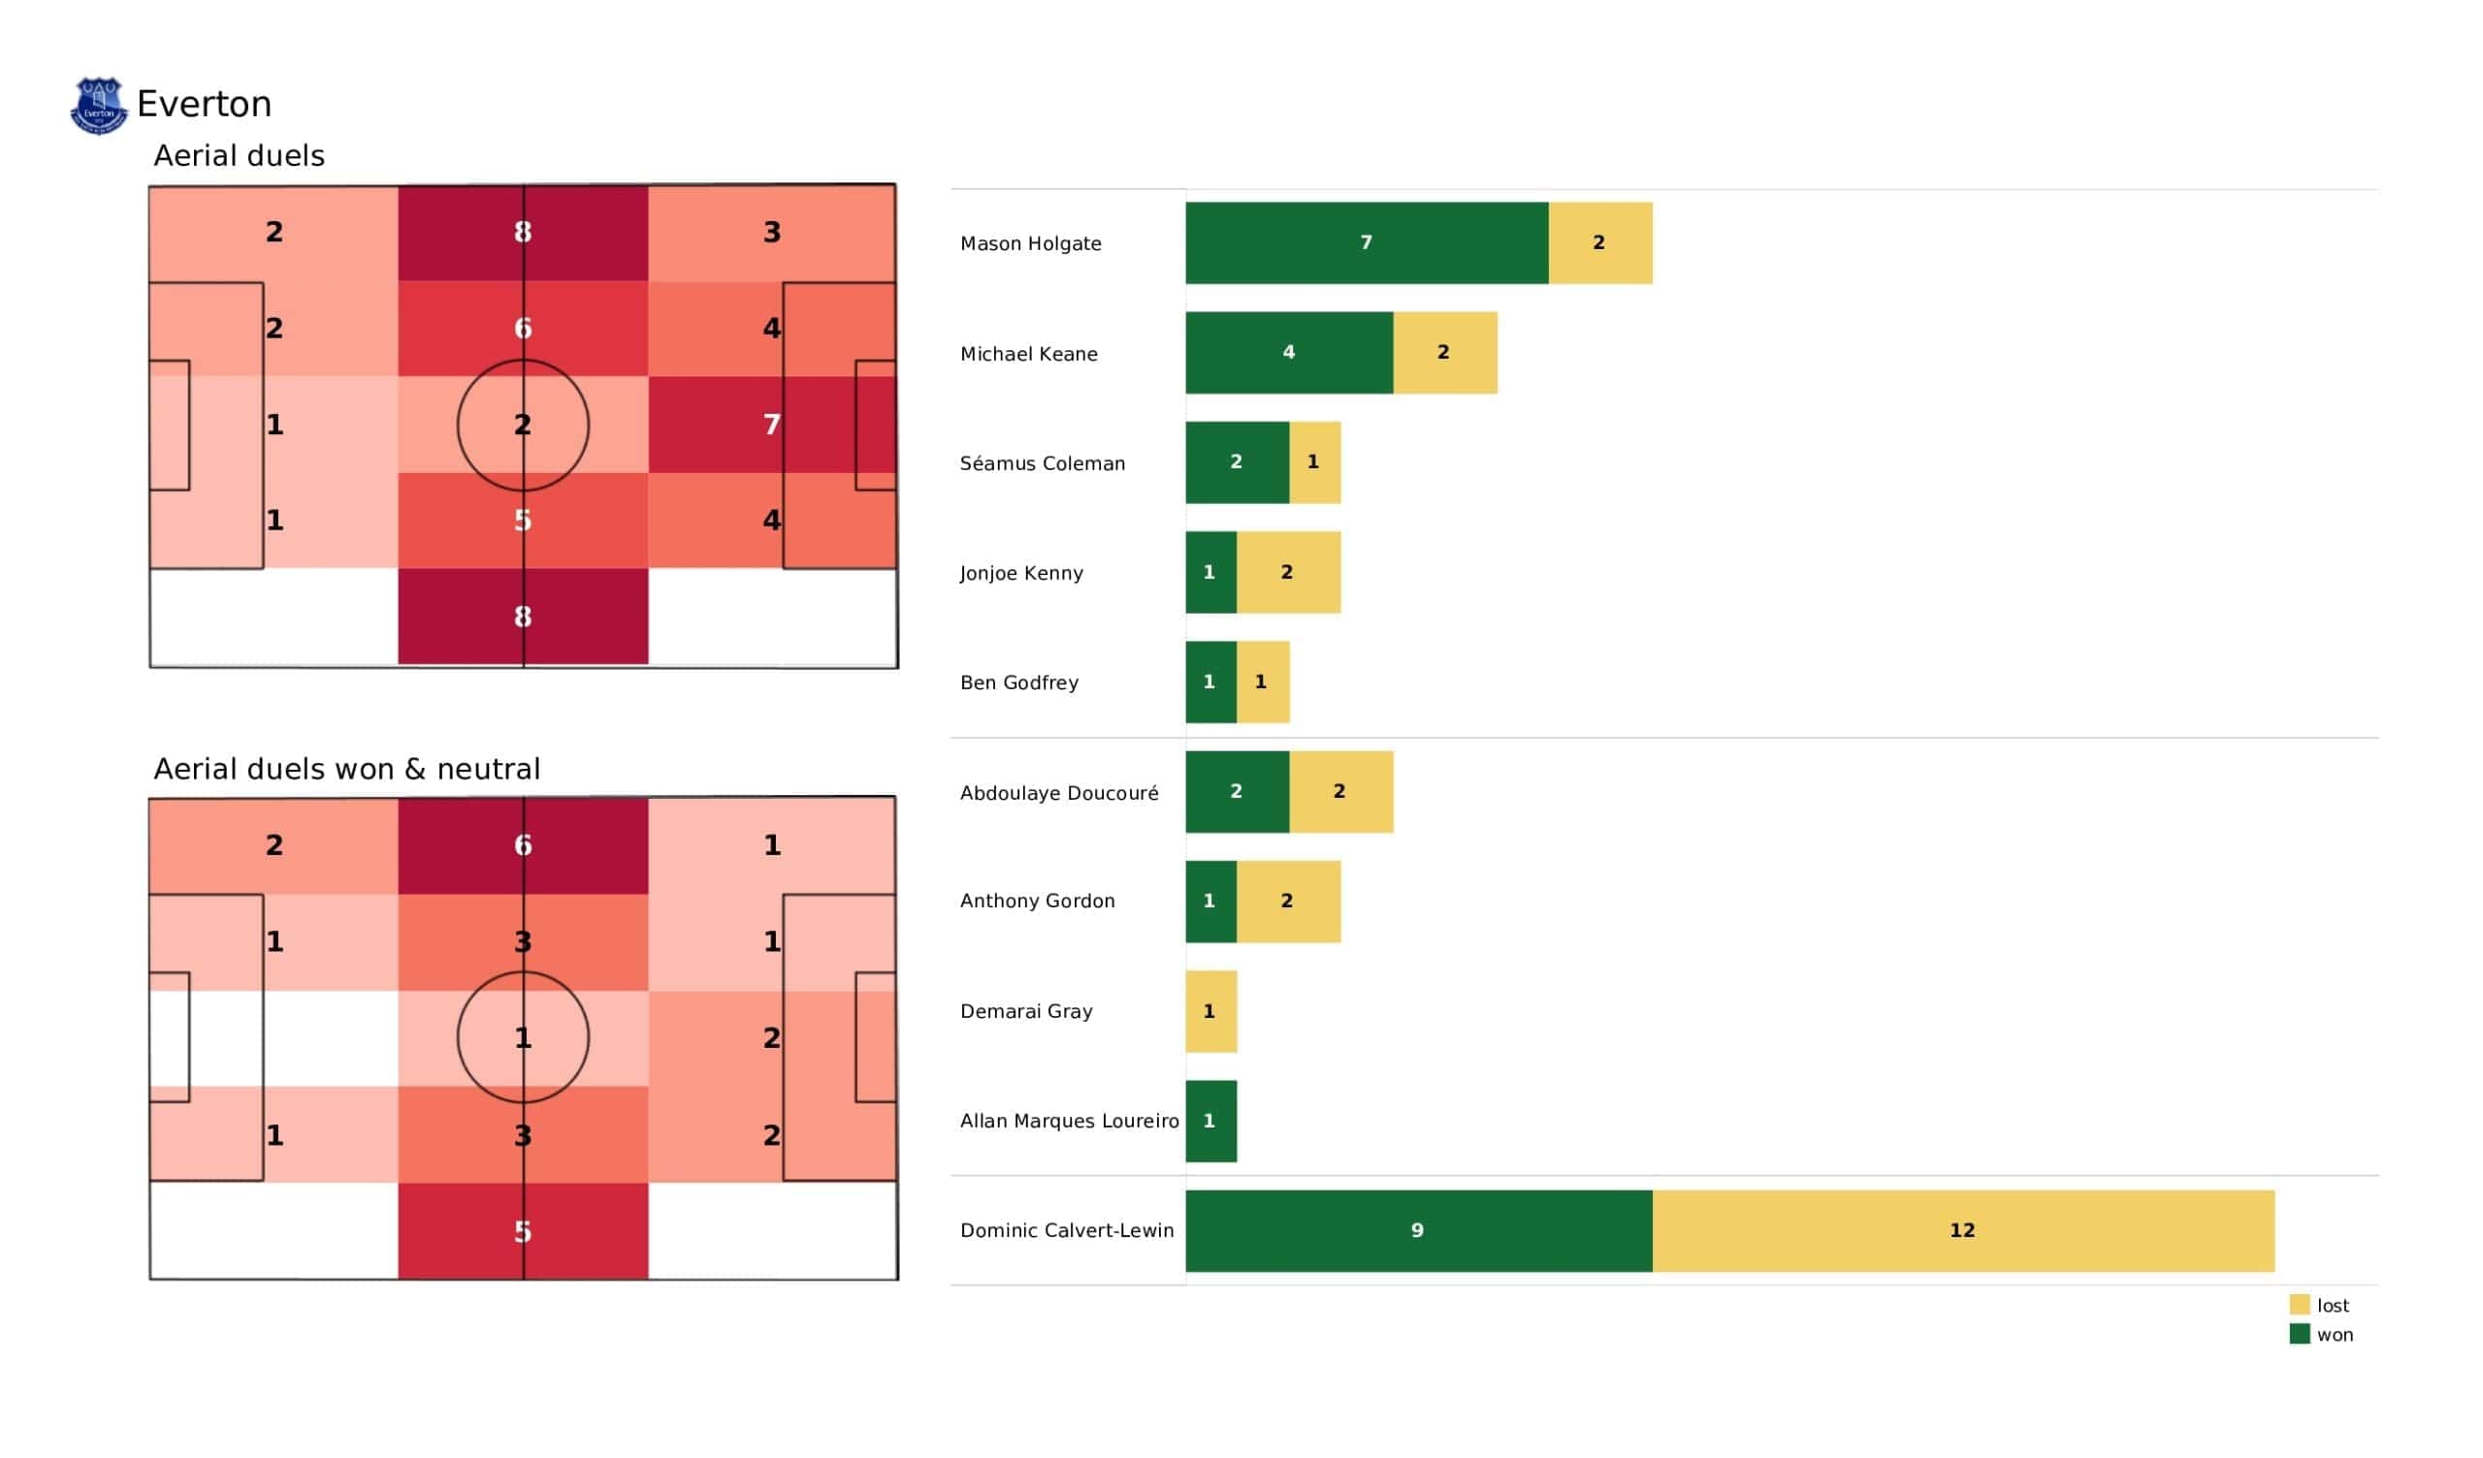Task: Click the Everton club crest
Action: [99, 106]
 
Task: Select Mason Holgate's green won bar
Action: [1367, 243]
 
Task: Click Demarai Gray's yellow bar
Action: [1211, 1012]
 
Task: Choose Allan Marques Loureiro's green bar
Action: [1211, 1121]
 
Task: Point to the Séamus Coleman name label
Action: [1043, 464]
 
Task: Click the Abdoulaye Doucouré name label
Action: [1059, 793]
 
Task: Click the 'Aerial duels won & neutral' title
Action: [347, 770]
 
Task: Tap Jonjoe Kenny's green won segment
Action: [1211, 572]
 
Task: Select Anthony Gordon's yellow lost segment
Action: [1289, 902]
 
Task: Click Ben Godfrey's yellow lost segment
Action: [1263, 681]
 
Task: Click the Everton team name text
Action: [204, 105]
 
